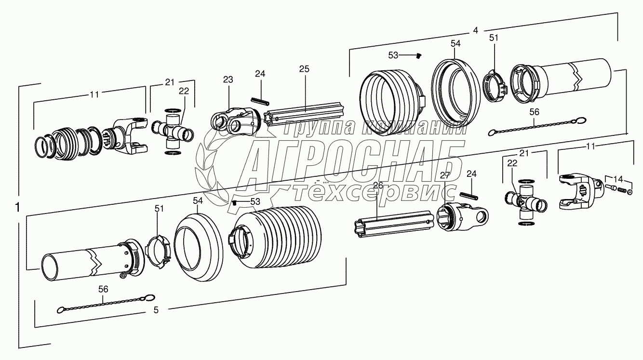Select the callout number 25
[304, 69]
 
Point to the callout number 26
[378, 185]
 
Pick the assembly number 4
[476, 30]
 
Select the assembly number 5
[156, 310]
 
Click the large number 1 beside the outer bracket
[17, 208]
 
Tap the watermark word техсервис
[376, 193]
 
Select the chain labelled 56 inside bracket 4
[535, 127]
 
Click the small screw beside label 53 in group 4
[418, 56]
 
